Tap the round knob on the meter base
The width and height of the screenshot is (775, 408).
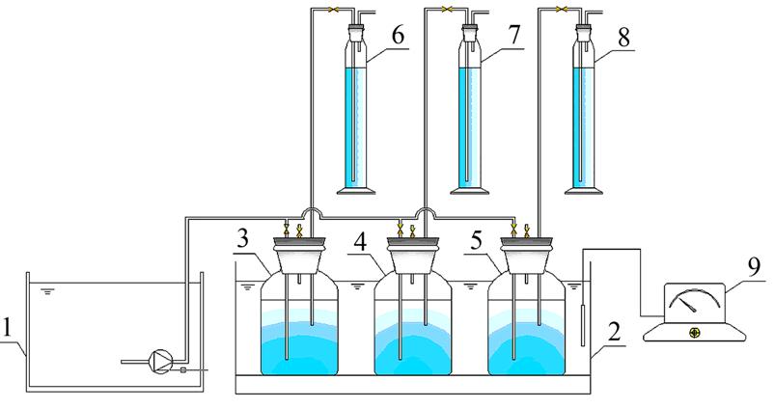(694, 334)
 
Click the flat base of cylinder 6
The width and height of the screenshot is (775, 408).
(354, 190)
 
